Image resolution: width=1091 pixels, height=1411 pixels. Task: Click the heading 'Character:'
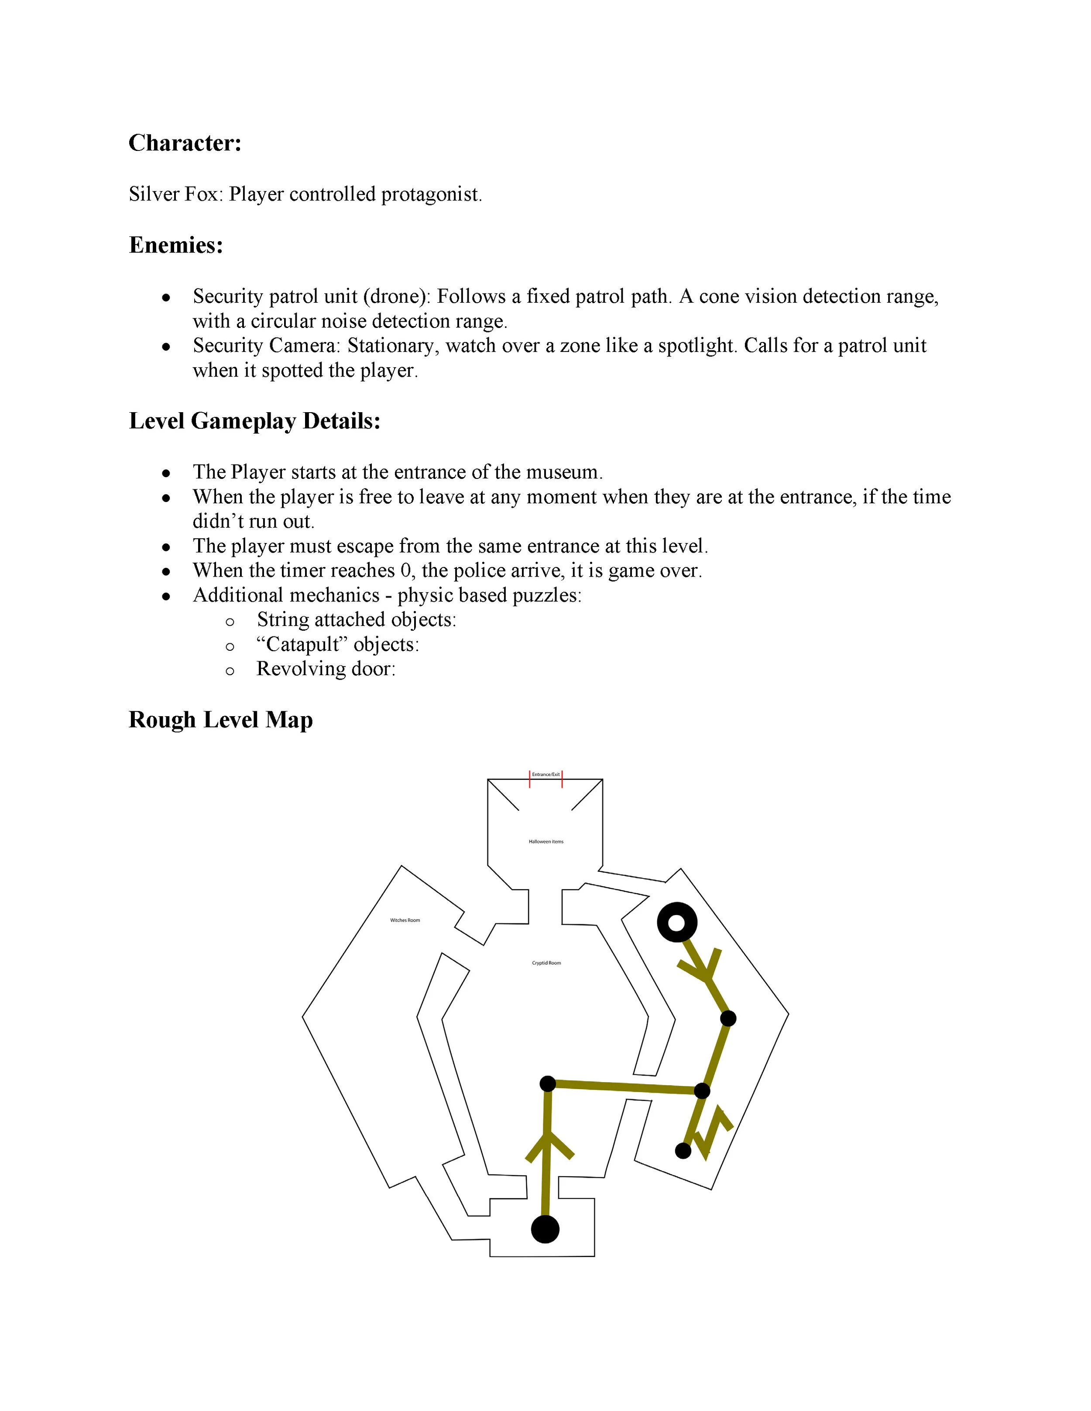click(185, 143)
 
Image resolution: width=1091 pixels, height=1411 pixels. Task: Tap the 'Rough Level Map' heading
click(220, 719)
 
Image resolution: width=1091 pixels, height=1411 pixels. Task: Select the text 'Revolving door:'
click(326, 668)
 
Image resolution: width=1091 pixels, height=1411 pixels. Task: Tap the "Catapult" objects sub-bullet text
click(337, 644)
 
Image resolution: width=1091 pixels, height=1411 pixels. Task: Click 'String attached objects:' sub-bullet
click(356, 619)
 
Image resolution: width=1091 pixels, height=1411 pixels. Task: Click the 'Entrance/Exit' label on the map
click(545, 774)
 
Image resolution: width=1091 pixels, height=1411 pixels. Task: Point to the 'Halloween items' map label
click(545, 841)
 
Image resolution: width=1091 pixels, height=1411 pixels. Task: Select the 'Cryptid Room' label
click(546, 963)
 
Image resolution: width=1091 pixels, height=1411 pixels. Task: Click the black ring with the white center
click(677, 922)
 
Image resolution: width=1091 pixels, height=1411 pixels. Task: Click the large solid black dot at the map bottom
click(545, 1229)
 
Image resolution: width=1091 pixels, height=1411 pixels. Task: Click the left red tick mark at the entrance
click(530, 779)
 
